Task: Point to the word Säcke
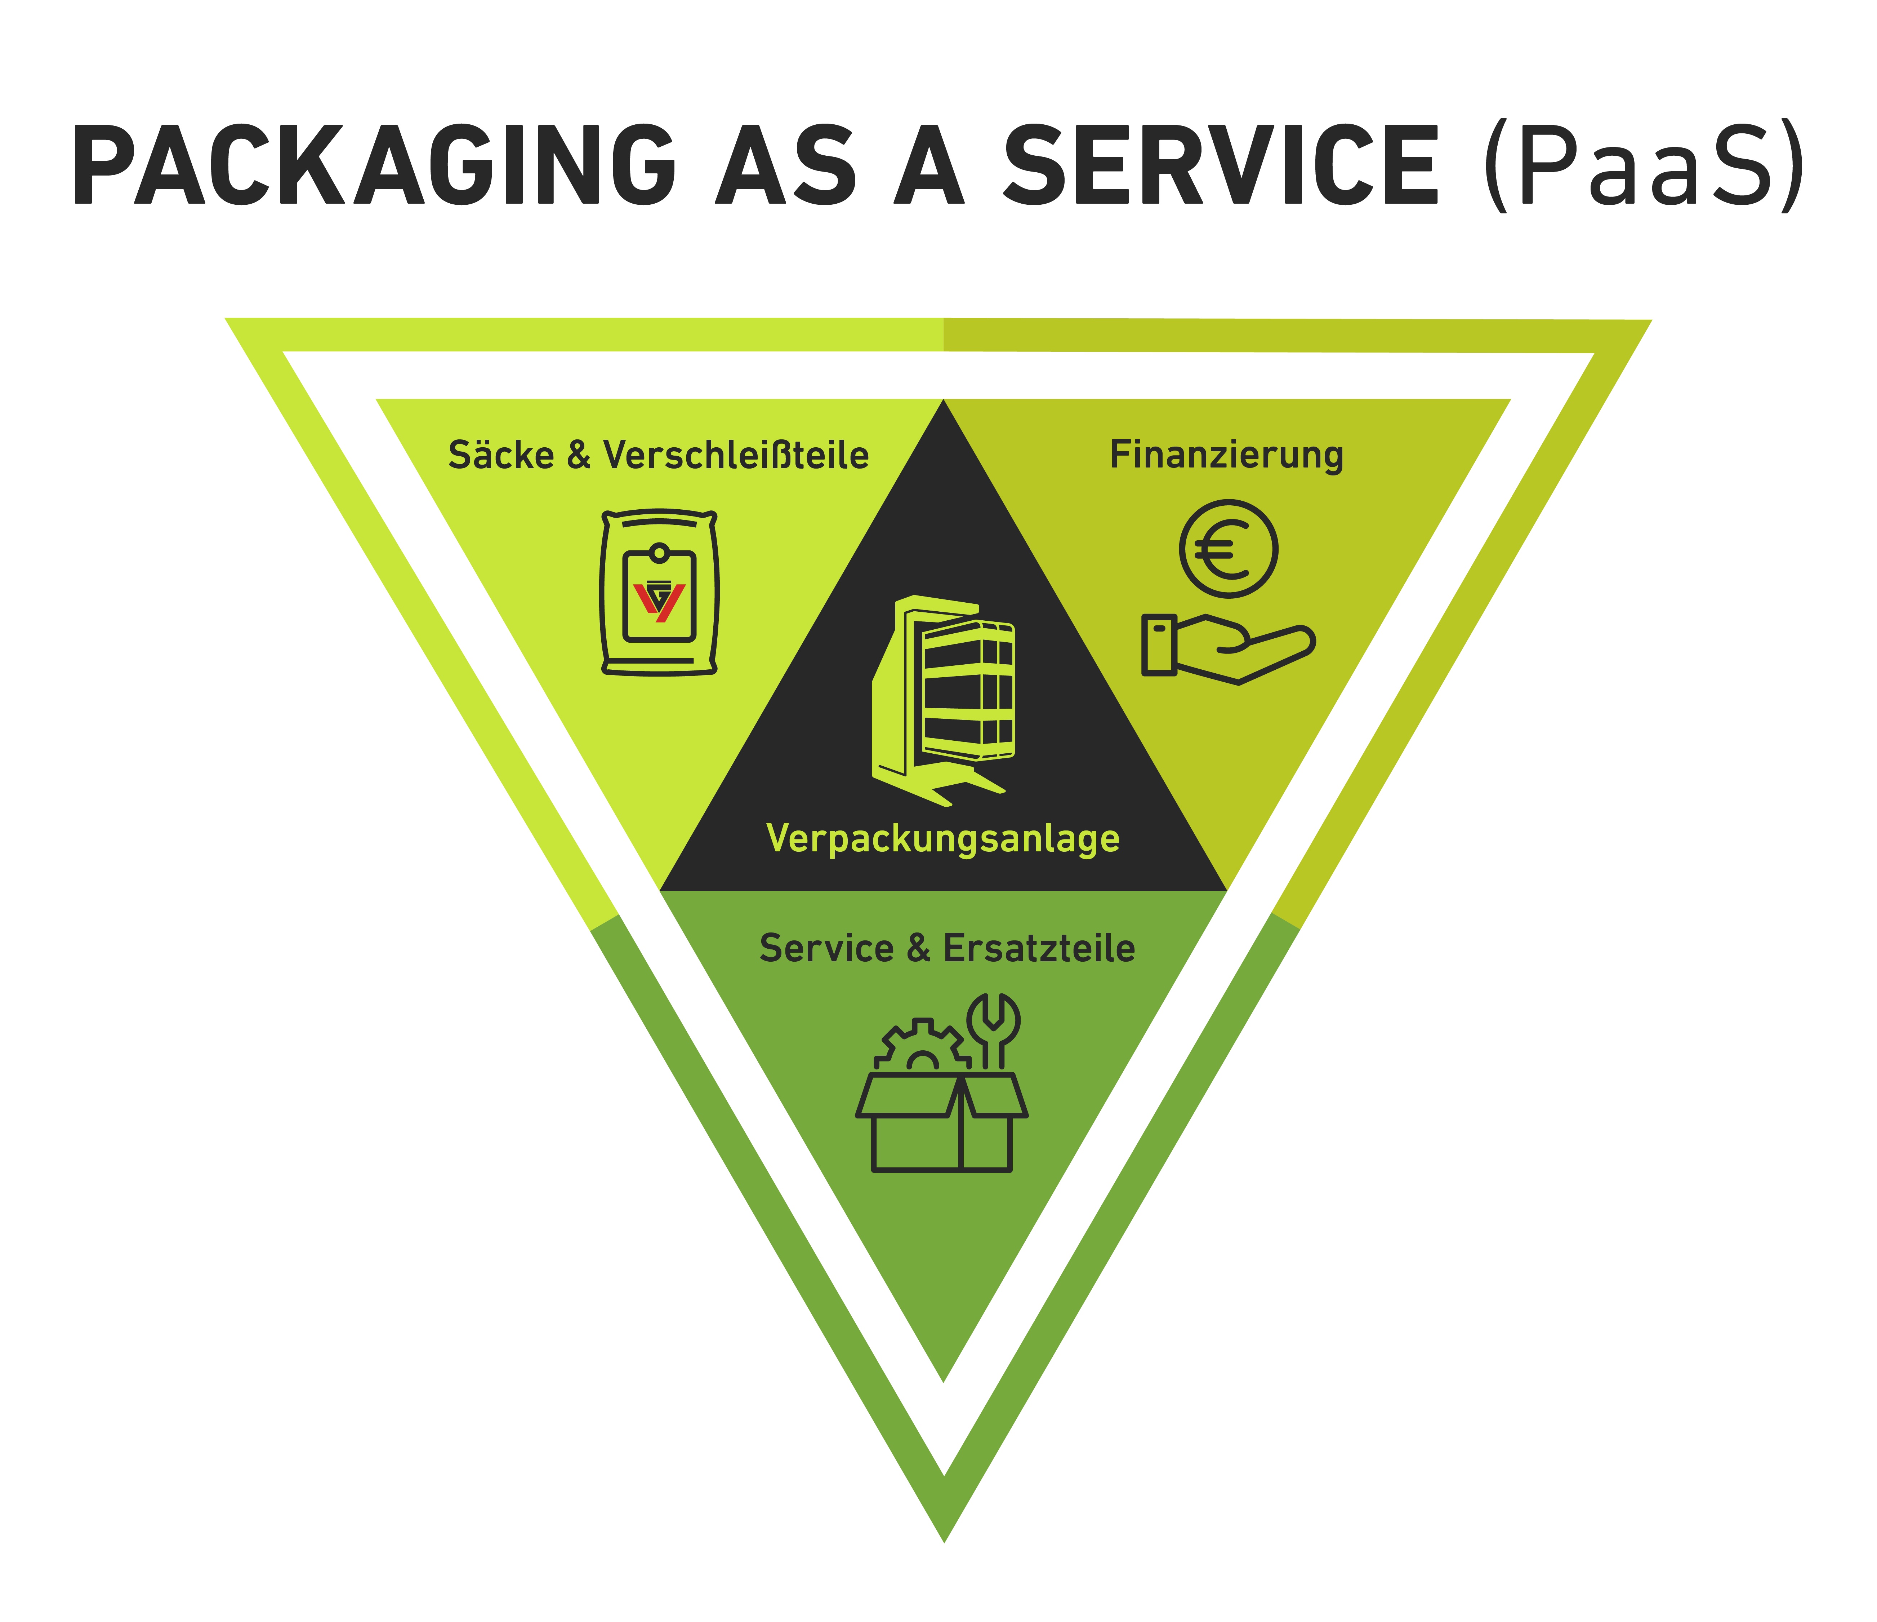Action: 501,455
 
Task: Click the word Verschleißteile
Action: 736,455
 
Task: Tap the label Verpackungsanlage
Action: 943,838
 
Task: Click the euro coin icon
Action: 1229,549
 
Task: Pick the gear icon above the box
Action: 922,1047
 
